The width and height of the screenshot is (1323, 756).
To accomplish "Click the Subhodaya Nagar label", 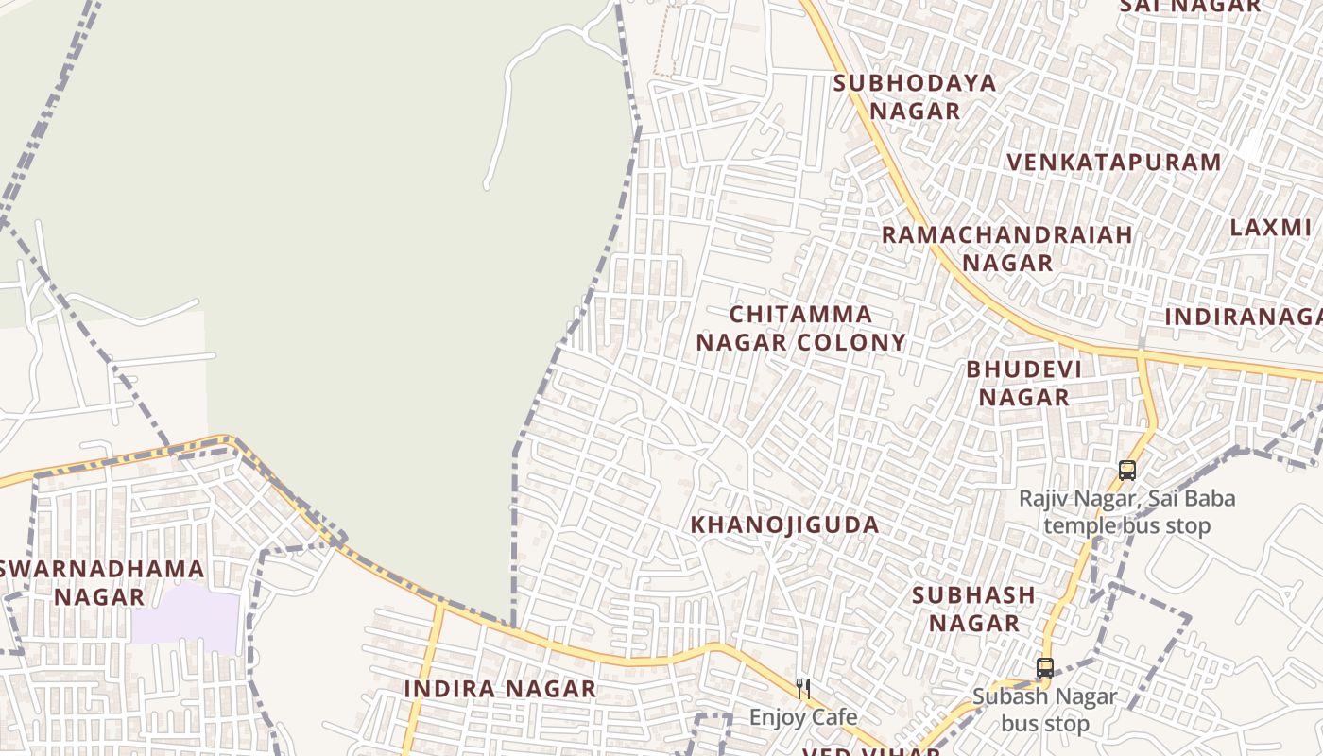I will click(x=915, y=96).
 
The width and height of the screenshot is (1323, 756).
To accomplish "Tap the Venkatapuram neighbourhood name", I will click(x=1113, y=163).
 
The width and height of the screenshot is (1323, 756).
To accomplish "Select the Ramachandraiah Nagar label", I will click(x=1007, y=249).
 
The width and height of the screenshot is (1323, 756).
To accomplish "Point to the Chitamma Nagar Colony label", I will click(x=800, y=328).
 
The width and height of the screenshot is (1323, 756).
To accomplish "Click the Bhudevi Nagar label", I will click(x=1024, y=383).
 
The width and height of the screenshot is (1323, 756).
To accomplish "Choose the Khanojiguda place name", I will click(x=785, y=524).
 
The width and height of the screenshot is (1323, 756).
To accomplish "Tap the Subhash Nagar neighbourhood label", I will click(x=973, y=609).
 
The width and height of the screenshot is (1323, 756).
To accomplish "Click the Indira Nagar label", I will click(x=500, y=689).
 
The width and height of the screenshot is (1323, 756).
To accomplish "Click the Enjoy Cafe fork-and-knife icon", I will click(x=803, y=688).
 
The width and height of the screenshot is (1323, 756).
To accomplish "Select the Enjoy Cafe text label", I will click(x=803, y=717).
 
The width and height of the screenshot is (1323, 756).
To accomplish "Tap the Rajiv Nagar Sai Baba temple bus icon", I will click(x=1126, y=470).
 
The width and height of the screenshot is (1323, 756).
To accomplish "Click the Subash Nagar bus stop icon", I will click(x=1044, y=667).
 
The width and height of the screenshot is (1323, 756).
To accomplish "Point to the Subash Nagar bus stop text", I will click(x=1044, y=711).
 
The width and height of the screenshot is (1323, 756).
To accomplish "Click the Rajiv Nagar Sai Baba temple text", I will click(x=1126, y=511).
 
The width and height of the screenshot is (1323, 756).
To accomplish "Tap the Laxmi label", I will click(x=1270, y=228).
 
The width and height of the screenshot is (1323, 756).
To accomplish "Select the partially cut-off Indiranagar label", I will click(x=1243, y=317).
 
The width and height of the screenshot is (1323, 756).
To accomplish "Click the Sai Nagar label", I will click(x=1190, y=6).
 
